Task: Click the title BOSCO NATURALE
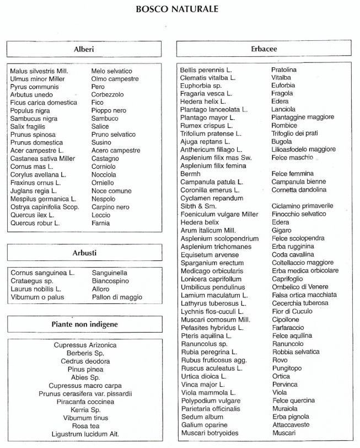[176, 9]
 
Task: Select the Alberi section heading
[84, 49]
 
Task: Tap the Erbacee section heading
[263, 49]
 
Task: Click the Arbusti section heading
[84, 253]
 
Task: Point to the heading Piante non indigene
[84, 324]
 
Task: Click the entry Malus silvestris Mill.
[39, 71]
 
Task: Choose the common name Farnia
[100, 223]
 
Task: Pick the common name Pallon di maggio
[116, 297]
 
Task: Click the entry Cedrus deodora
[85, 361]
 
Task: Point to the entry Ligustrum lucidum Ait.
[85, 434]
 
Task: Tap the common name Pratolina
[284, 70]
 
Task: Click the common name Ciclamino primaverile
[306, 206]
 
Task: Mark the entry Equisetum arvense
[209, 254]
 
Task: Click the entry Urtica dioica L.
[204, 376]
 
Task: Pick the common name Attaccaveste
[291, 425]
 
